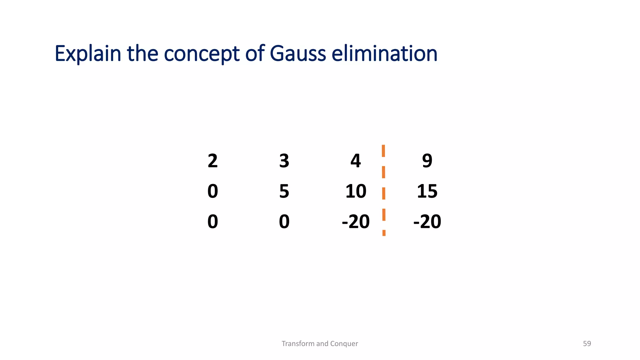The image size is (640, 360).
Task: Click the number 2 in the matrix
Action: (212, 161)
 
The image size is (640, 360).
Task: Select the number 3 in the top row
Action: (284, 161)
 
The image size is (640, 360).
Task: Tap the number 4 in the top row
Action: (356, 161)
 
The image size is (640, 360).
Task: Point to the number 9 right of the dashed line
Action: (427, 161)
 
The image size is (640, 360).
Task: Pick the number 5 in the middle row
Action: (284, 191)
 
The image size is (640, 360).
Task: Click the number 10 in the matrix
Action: (356, 191)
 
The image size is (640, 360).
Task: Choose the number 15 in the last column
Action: (427, 191)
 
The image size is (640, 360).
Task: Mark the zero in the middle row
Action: (212, 191)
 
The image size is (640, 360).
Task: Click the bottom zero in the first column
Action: (212, 222)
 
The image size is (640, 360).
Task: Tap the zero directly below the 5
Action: (284, 222)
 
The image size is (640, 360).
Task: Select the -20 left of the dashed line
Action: (356, 222)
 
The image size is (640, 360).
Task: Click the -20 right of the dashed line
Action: (427, 222)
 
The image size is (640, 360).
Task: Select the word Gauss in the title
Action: (298, 54)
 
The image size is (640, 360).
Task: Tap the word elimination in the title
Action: (384, 54)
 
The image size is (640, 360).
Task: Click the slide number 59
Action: (587, 343)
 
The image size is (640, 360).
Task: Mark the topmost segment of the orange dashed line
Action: (383, 151)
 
